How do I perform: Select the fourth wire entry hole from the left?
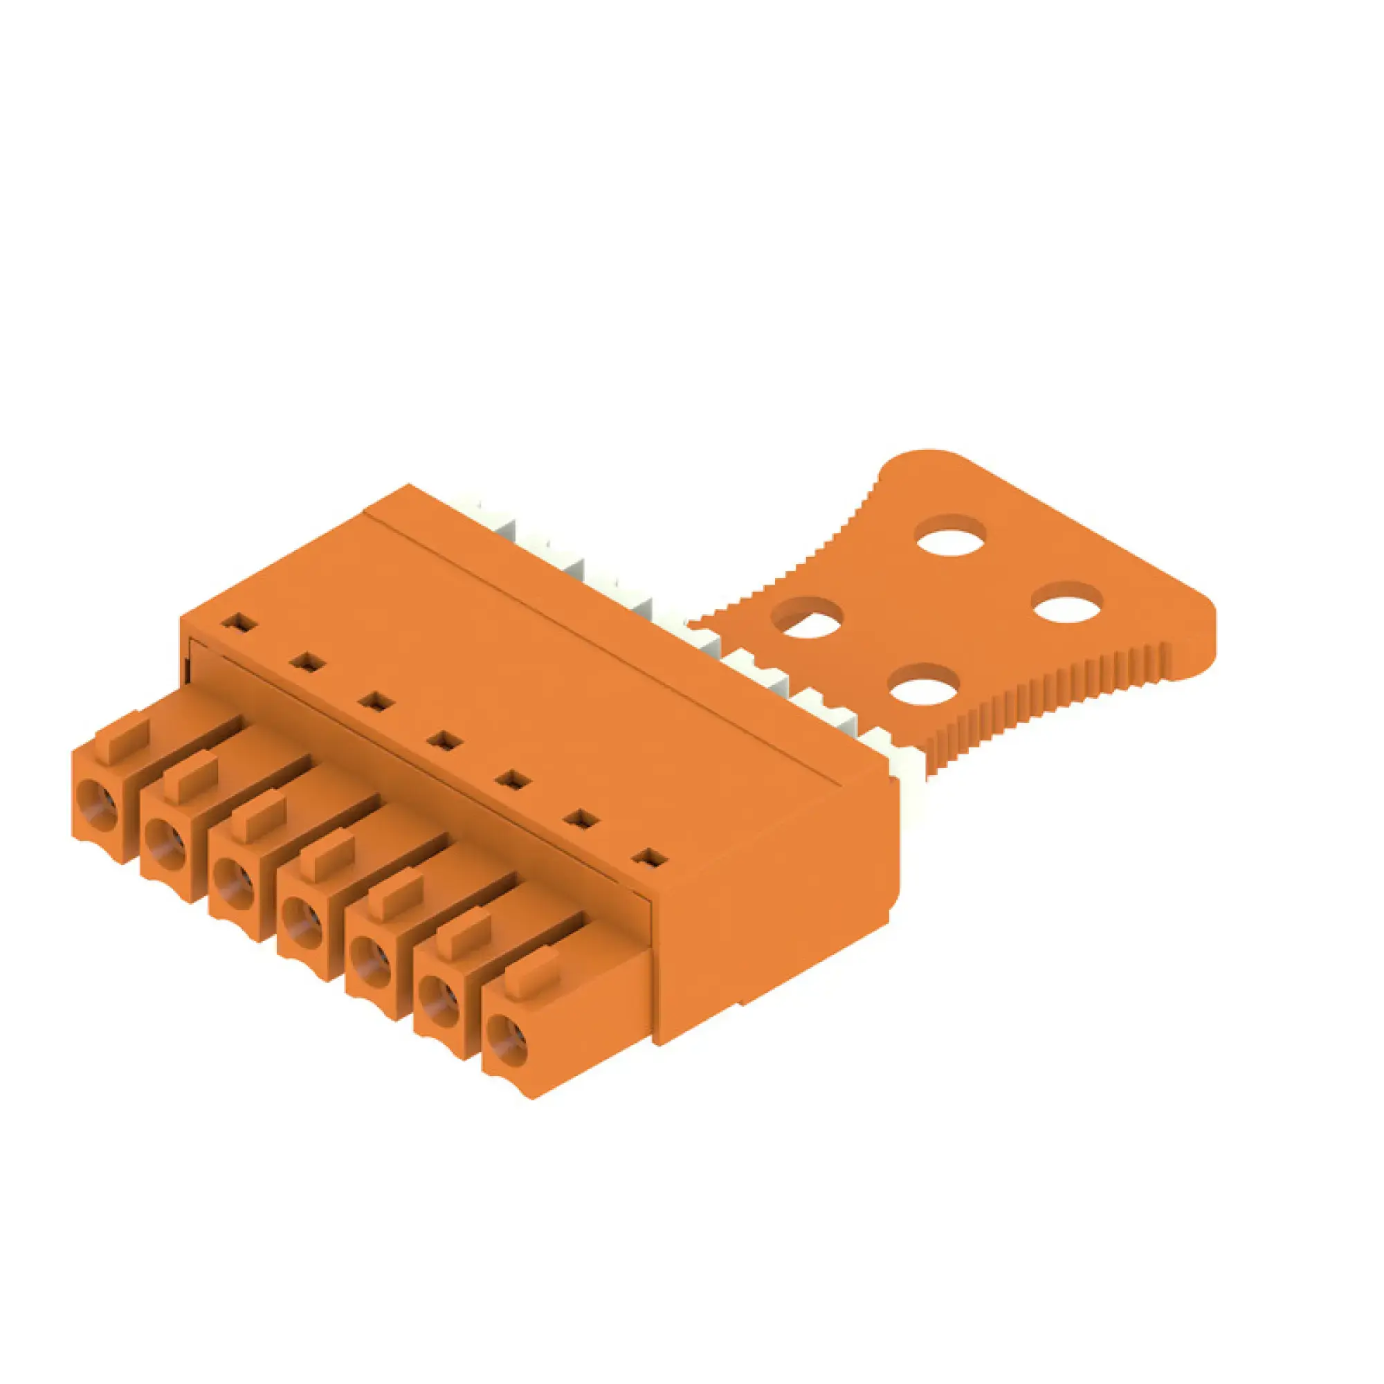(302, 925)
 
